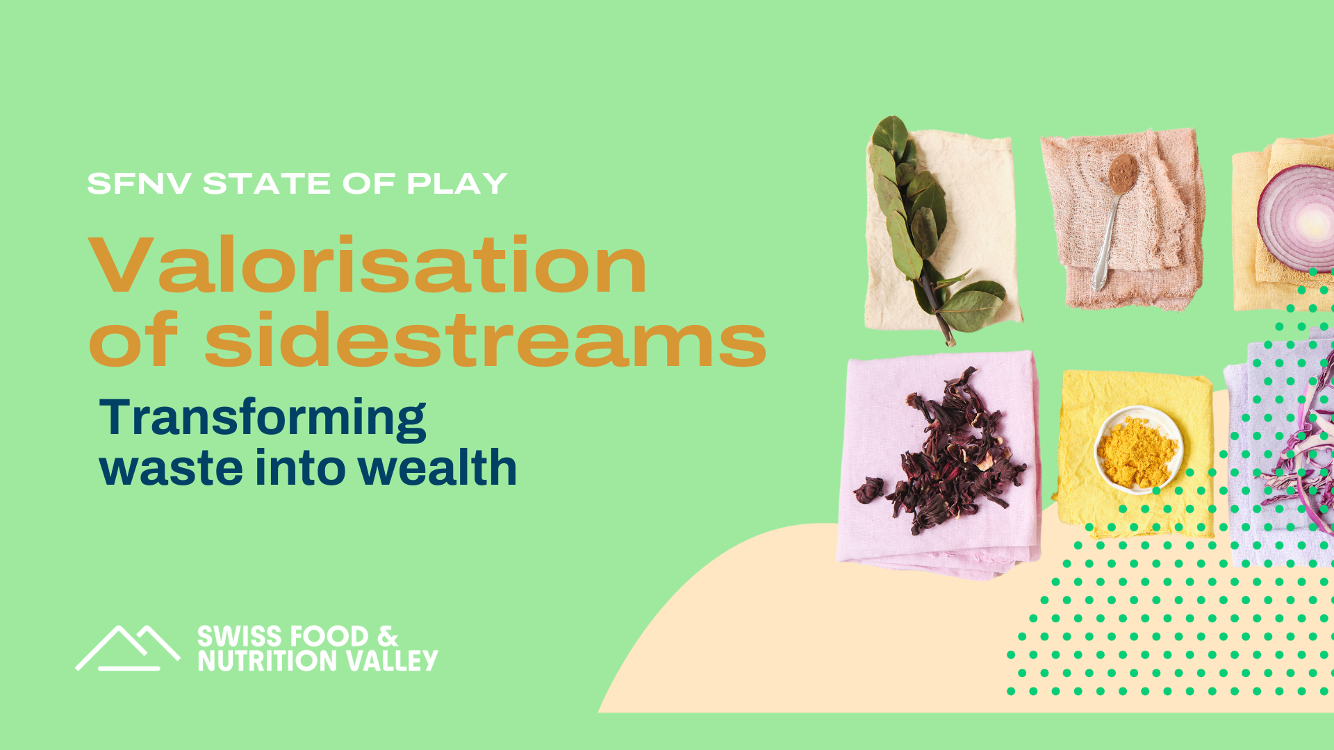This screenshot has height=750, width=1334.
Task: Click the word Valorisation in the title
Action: pos(368,266)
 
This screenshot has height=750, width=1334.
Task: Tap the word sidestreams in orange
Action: pos(485,340)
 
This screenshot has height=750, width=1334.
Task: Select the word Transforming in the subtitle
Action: pos(263,419)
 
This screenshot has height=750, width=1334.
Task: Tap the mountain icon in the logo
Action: pos(128,649)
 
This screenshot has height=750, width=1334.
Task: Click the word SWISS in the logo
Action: pos(238,637)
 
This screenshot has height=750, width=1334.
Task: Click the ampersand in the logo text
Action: pos(388,637)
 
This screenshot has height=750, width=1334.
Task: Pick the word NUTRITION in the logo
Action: pos(269,660)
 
